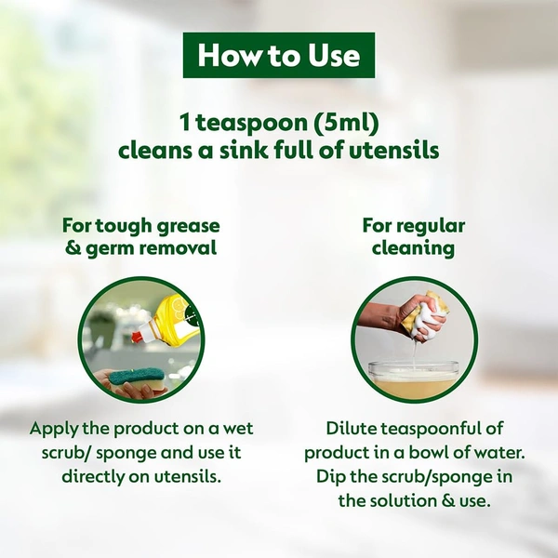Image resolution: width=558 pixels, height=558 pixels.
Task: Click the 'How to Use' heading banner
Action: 279,56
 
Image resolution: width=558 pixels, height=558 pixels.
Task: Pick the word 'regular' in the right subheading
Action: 433,226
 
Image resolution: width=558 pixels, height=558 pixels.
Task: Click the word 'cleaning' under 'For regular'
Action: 413,248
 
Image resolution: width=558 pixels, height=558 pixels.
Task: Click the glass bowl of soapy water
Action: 416,379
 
